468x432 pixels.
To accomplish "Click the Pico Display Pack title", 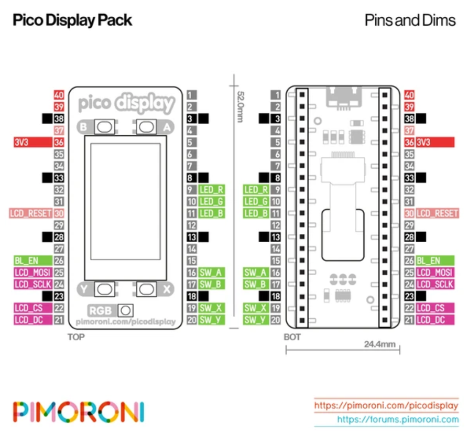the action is point(72,20).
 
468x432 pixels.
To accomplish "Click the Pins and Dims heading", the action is point(410,20).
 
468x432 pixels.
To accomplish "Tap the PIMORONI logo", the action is point(79,412).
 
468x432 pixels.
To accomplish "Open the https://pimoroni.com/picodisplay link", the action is point(386,405).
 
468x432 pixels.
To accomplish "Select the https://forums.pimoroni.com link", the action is point(398,419).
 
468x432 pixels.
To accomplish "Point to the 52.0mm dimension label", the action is point(240,106).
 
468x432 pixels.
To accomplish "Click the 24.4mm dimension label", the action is point(379,344).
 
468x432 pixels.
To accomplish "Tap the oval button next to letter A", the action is point(146,127).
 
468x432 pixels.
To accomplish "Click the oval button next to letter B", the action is point(104,127).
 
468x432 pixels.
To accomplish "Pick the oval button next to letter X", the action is point(146,289).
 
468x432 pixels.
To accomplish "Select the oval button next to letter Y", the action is point(104,289).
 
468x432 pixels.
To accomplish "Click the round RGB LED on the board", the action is point(126,310).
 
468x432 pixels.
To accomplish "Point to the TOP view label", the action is point(76,337).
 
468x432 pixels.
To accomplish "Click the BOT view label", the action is point(292,337).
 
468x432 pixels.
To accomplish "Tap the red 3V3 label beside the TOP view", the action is point(33,142).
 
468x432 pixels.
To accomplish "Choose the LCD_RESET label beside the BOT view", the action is point(437,213).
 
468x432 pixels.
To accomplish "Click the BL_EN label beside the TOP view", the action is point(33,261).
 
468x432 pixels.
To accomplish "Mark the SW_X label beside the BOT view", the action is point(256,308).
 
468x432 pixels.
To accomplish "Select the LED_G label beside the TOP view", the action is point(211,201).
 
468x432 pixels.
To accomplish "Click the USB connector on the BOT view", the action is point(344,97).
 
